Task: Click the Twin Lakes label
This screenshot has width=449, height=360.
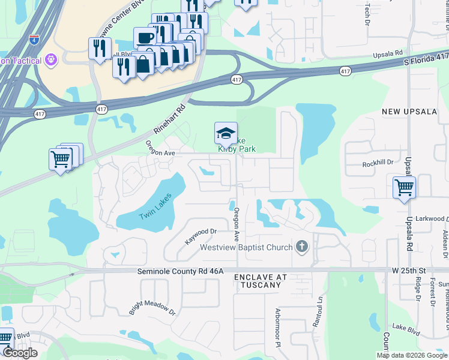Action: coord(156,206)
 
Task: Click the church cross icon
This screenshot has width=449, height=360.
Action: coord(302,247)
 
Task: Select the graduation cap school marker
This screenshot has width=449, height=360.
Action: coord(226,133)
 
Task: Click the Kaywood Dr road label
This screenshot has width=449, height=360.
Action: coord(200,235)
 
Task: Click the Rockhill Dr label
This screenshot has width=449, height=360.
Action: coord(378,163)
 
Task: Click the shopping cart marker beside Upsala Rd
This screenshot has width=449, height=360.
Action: coord(404,187)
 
